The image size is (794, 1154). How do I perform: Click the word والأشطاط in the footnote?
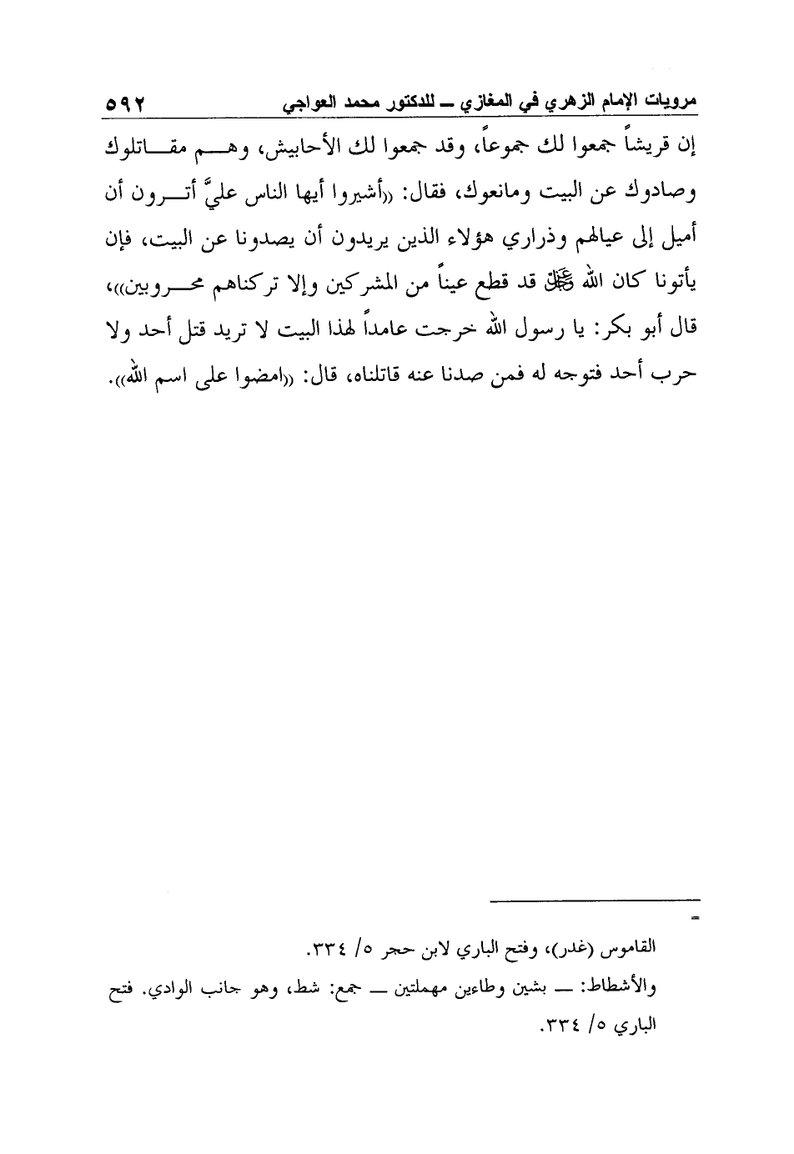click(617, 990)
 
